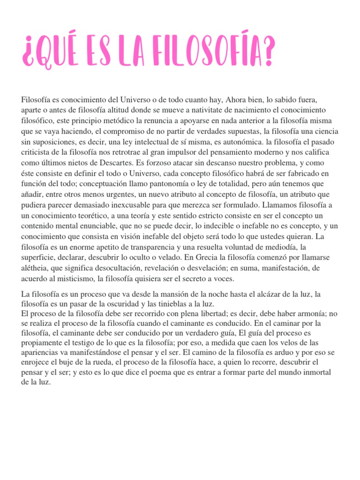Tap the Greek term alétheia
35,269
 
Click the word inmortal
315,372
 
